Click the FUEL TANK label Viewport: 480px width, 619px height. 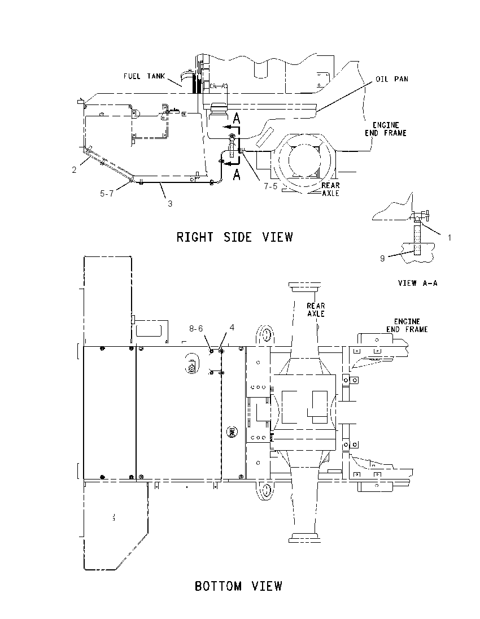pos(144,76)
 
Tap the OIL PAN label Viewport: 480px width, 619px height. pos(391,79)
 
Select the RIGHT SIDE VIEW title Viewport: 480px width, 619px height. pos(235,237)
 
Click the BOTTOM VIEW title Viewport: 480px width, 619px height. pos(238,586)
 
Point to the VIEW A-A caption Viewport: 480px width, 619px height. pos(418,282)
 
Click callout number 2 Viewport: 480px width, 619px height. pos(74,170)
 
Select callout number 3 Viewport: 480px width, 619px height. pos(170,204)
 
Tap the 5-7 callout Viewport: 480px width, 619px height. pos(107,193)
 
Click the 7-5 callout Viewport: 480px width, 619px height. pos(271,186)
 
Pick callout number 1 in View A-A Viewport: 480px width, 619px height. pos(449,238)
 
